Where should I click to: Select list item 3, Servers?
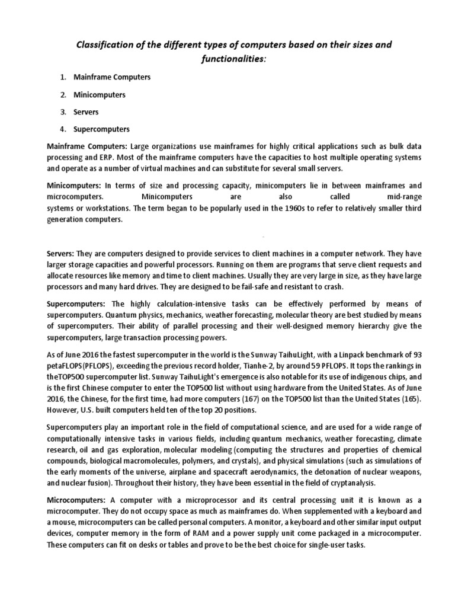coord(86,111)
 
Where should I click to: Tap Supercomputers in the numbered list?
coord(101,129)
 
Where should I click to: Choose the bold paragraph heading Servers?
coord(60,254)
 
